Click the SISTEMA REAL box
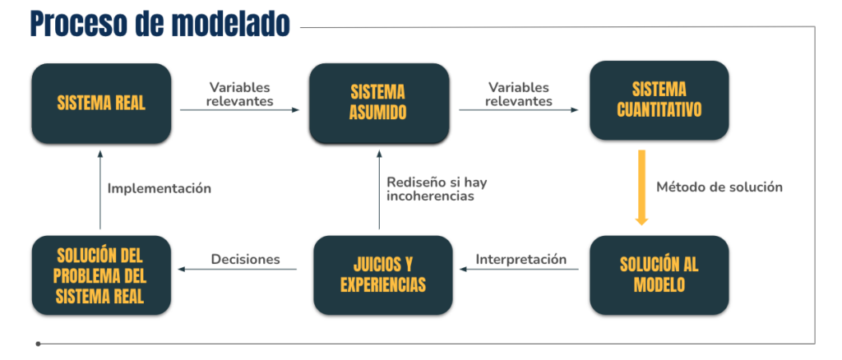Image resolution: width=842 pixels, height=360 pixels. (101, 103)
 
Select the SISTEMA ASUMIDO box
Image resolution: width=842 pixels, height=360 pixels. (379, 103)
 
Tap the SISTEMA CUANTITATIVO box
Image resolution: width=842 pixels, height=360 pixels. (659, 100)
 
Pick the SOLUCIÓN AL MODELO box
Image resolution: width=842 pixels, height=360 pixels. (659, 275)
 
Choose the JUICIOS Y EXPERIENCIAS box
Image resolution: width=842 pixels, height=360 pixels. (383, 275)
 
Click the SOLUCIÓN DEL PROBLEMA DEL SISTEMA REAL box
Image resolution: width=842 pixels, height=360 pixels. (101, 275)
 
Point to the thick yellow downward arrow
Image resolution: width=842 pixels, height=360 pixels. (641, 187)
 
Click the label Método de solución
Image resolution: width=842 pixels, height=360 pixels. (719, 187)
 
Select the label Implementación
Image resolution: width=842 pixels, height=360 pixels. (160, 188)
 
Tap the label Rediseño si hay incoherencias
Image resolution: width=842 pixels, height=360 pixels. (437, 189)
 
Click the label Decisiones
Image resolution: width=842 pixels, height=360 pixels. (245, 259)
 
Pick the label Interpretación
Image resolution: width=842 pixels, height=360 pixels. (521, 259)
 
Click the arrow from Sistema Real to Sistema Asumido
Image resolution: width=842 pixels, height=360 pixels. (239, 110)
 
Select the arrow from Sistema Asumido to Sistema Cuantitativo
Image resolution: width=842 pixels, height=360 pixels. (519, 110)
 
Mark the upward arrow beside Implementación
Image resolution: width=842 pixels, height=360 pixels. (99, 190)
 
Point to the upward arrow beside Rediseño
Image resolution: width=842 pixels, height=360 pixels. (379, 190)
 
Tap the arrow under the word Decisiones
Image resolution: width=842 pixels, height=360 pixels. (238, 269)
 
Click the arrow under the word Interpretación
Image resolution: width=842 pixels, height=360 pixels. (519, 269)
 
